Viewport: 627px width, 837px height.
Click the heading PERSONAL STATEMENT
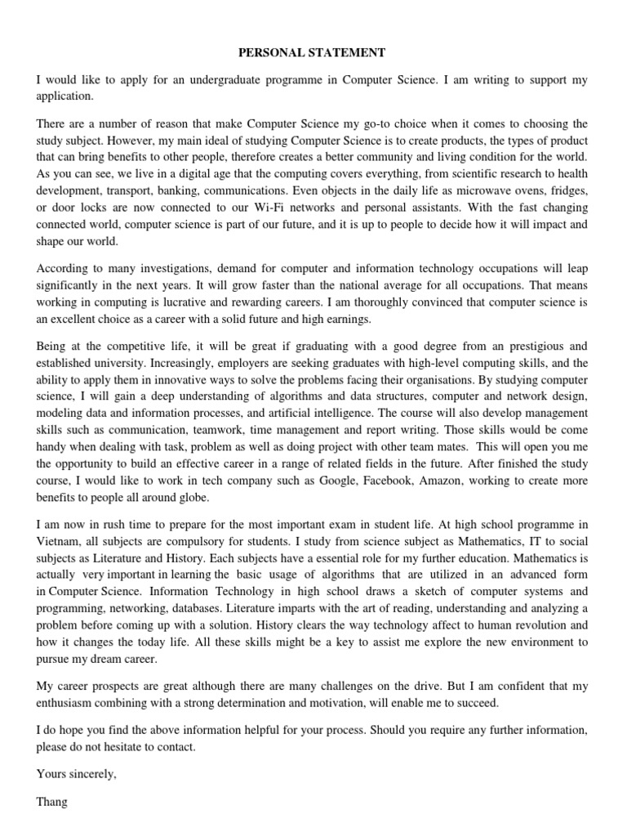tap(312, 53)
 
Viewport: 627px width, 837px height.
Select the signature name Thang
tap(51, 802)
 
